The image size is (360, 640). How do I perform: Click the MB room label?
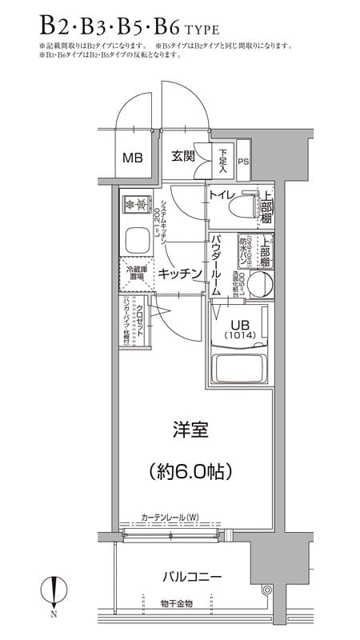click(x=132, y=158)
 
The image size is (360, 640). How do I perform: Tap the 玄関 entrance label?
click(x=183, y=156)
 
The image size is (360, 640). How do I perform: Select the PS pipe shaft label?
click(x=243, y=163)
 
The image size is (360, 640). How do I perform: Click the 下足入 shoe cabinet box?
click(x=223, y=161)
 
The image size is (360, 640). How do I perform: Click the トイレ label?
click(x=221, y=195)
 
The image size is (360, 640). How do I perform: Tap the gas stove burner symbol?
click(x=137, y=206)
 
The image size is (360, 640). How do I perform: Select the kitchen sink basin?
click(x=137, y=239)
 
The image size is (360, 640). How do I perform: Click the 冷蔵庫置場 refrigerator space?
click(x=135, y=274)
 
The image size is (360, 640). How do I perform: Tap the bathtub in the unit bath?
click(x=238, y=368)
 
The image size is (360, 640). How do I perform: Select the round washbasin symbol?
click(x=260, y=284)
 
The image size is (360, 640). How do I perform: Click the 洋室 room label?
click(x=190, y=430)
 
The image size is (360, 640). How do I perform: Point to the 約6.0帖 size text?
click(x=190, y=471)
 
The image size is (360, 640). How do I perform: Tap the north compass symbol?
click(x=53, y=592)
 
